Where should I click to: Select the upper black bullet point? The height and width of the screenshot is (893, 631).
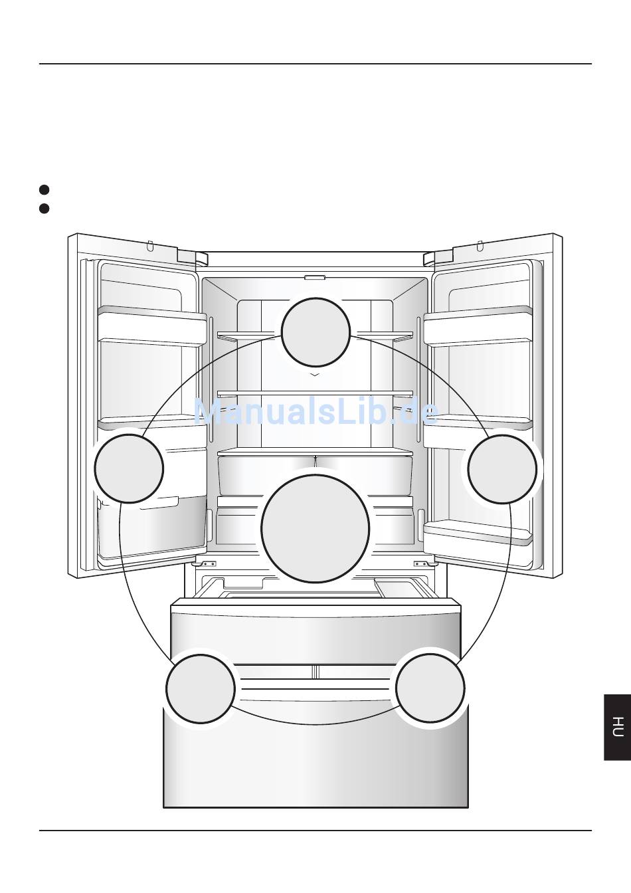45,190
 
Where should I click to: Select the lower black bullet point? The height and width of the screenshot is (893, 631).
45,209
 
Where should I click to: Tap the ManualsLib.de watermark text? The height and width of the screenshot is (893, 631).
315,411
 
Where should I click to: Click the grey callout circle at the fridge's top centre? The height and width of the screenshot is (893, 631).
315,332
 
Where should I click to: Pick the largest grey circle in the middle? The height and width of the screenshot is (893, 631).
315,529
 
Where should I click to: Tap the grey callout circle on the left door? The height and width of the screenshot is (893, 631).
129,468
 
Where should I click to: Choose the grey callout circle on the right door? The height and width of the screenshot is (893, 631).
502,469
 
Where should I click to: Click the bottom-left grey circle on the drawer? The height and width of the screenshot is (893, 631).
201,688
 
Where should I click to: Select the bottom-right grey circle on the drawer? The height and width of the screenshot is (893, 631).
430,688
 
